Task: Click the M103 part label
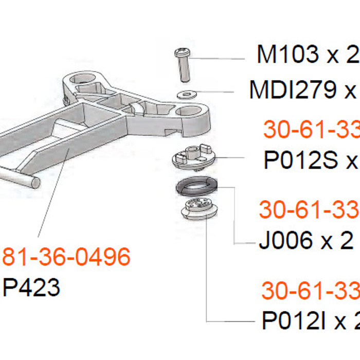pos(287,55)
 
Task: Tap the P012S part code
pos(300,160)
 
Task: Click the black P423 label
pos(31,287)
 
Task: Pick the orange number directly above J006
pos(309,210)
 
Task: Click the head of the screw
pos(182,52)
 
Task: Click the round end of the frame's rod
pos(33,182)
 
